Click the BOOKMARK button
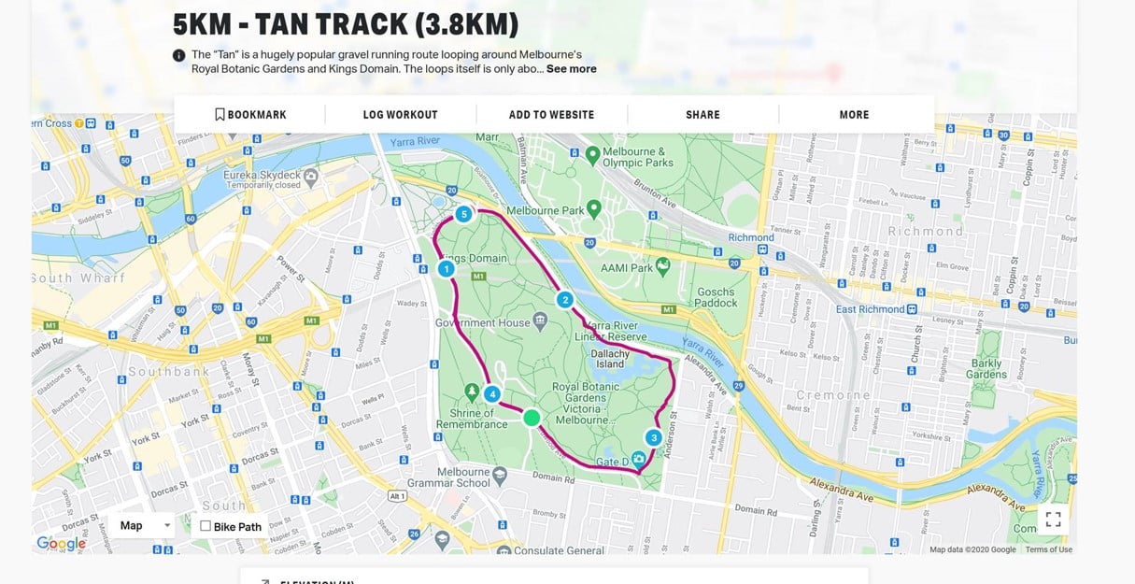250,115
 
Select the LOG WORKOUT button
400,115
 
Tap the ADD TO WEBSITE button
551,115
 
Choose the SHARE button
702,115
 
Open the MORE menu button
854,115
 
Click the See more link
571,69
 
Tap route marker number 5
463,215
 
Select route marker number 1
447,269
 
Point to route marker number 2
564,300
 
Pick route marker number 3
653,437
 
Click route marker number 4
492,393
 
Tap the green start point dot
532,418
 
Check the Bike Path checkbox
206,526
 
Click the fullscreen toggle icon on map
1053,520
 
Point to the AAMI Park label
628,268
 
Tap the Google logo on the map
61,543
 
